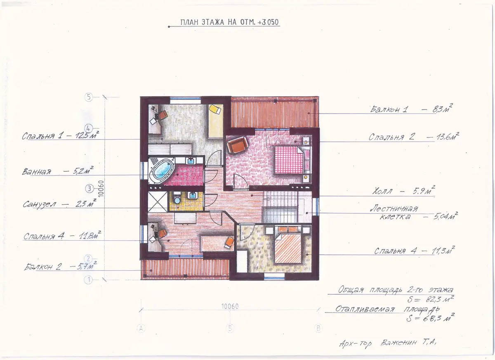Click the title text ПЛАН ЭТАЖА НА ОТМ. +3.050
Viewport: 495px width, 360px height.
point(229,22)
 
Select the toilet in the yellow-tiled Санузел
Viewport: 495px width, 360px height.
point(177,198)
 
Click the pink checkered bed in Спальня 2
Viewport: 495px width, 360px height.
point(289,160)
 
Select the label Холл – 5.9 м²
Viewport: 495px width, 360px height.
point(403,190)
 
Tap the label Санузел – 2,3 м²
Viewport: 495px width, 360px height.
point(60,204)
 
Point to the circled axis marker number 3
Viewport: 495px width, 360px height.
point(89,189)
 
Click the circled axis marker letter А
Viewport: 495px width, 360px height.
point(141,328)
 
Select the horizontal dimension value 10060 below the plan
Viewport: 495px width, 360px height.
point(230,306)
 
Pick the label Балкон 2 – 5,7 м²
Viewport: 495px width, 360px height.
point(61,266)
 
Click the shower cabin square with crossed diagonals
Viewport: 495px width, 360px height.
point(158,201)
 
